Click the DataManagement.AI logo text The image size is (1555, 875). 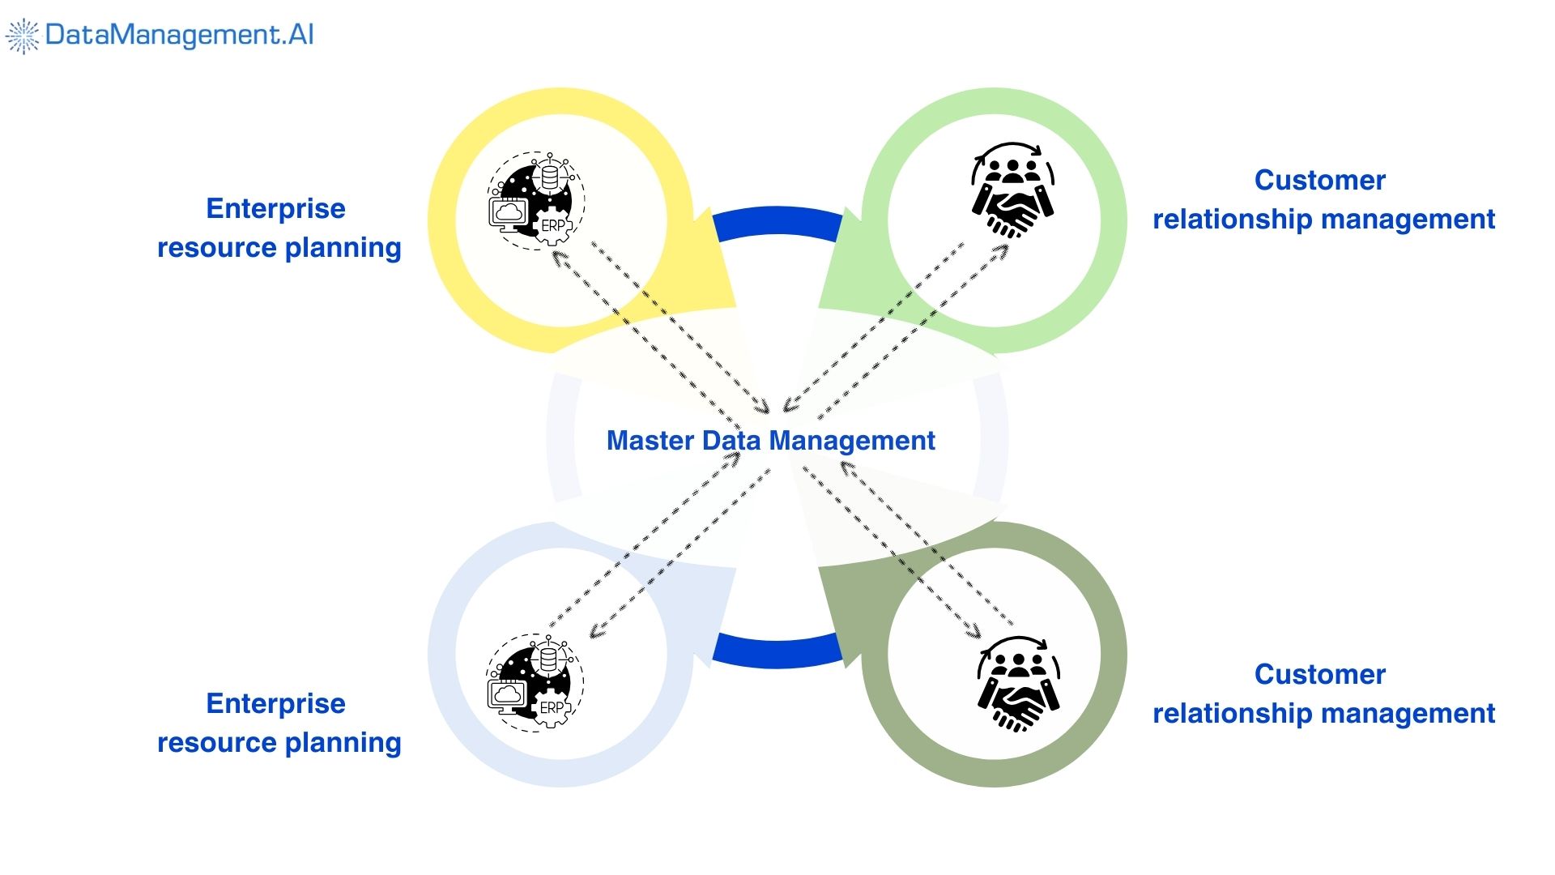179,35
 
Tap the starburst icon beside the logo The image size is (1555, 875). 23,36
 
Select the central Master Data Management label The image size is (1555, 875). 770,441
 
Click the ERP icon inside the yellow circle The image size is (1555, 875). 535,200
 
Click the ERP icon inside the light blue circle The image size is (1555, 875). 535,683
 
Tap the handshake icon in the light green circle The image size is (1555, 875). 1012,191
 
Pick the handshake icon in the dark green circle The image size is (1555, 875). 1018,685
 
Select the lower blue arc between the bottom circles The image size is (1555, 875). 777,651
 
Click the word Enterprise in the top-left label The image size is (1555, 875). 275,209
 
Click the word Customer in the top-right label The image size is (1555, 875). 1319,180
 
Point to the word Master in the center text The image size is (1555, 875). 650,441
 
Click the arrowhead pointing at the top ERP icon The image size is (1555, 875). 558,257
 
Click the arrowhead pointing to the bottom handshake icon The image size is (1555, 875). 974,632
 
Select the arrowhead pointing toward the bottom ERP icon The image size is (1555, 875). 595,633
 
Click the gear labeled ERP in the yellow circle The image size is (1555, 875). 555,226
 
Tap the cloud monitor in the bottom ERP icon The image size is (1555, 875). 508,695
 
